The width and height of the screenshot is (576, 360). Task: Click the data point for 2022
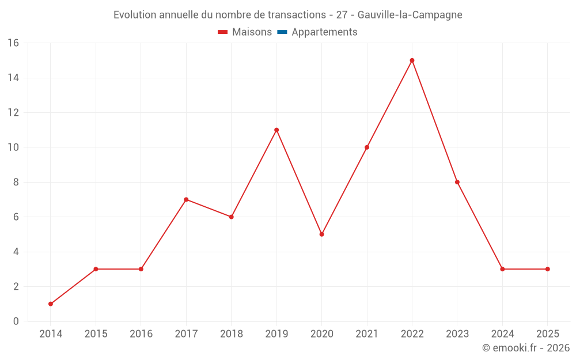pyautogui.click(x=412, y=60)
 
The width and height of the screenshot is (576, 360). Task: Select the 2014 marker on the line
pyautogui.click(x=51, y=304)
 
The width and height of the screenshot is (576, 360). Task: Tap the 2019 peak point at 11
pyautogui.click(x=276, y=130)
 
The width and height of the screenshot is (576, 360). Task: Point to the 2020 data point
pyautogui.click(x=321, y=234)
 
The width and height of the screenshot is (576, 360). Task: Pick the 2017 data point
pyautogui.click(x=186, y=199)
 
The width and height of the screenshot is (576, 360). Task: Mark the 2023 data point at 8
pyautogui.click(x=457, y=182)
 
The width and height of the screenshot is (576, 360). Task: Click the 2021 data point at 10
pyautogui.click(x=367, y=147)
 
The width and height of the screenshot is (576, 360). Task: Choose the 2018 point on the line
pyautogui.click(x=231, y=217)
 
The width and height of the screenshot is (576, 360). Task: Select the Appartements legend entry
pyautogui.click(x=324, y=32)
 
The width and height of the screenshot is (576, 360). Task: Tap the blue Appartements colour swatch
pyautogui.click(x=282, y=32)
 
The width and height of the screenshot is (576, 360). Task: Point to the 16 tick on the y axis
pyautogui.click(x=13, y=43)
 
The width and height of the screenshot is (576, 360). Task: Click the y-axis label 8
pyautogui.click(x=16, y=182)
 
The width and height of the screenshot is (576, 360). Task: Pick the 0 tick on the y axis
pyautogui.click(x=16, y=321)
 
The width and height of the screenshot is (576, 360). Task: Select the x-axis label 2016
pyautogui.click(x=141, y=334)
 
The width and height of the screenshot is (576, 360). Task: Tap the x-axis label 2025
pyautogui.click(x=547, y=334)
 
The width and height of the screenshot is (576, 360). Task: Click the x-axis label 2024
pyautogui.click(x=502, y=334)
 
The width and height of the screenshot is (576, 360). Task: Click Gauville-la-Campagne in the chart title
pyautogui.click(x=410, y=15)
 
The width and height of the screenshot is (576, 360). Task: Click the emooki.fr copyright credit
pyautogui.click(x=526, y=348)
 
